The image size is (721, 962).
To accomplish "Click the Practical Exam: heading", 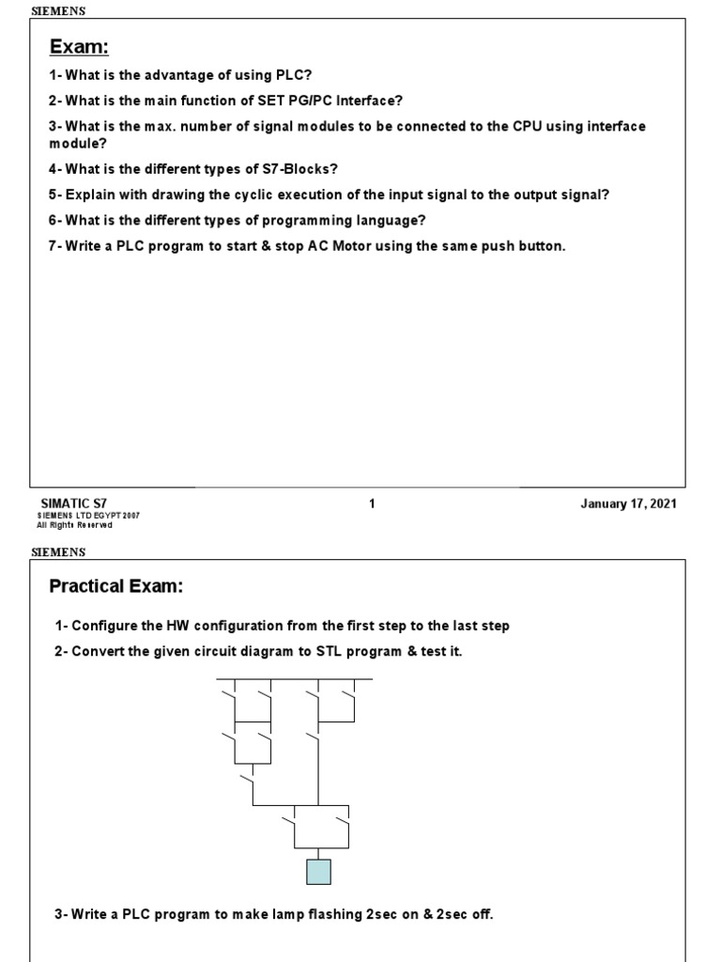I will point(115,587).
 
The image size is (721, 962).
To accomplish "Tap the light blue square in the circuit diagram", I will point(318,872).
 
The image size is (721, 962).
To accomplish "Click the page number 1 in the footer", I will point(372,504).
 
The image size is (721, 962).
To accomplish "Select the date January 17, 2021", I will point(629,504).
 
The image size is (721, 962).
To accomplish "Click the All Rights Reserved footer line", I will point(74,525).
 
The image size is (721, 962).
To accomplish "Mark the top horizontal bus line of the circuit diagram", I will point(294,678).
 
